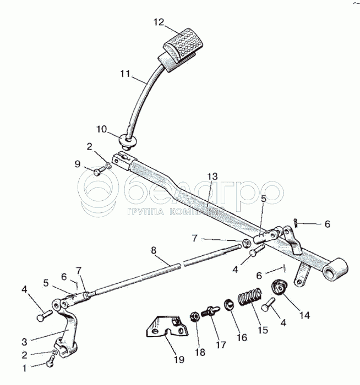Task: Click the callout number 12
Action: click(x=159, y=23)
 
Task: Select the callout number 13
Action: click(x=212, y=176)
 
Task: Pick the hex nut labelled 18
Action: click(x=194, y=316)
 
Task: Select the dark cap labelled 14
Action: click(x=280, y=287)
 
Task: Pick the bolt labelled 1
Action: click(x=50, y=361)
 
